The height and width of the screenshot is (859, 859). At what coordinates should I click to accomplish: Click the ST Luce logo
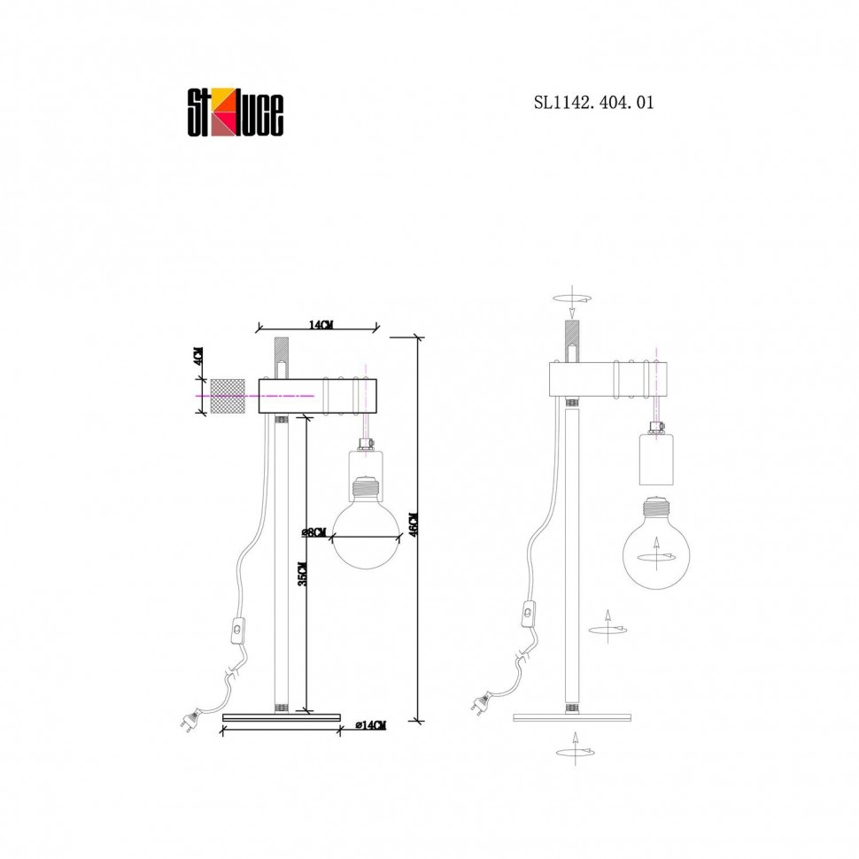[x=236, y=114]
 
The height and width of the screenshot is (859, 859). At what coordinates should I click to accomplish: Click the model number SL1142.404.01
[x=594, y=103]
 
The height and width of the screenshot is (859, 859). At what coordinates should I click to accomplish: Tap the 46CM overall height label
[x=414, y=525]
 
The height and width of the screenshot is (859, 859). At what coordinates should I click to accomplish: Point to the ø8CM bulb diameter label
[x=314, y=532]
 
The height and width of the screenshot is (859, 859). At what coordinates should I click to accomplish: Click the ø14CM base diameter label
[x=371, y=725]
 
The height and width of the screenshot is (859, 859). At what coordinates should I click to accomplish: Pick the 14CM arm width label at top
[x=321, y=325]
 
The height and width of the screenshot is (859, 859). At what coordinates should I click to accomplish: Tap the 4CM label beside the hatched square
[x=198, y=356]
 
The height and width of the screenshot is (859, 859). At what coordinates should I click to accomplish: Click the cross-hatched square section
[x=227, y=396]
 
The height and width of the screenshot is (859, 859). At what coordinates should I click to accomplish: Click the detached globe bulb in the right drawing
[x=656, y=543]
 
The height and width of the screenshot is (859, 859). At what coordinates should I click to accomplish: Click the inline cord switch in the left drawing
[x=237, y=630]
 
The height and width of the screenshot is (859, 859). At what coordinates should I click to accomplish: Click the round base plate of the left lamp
[x=282, y=716]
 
